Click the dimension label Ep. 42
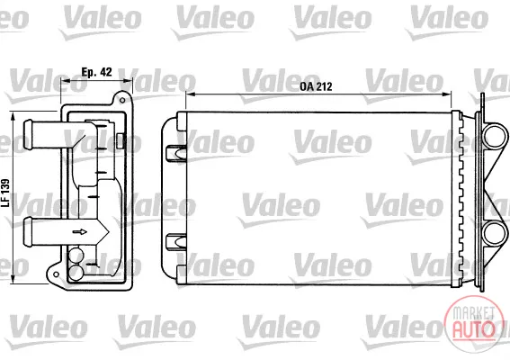click(x=96, y=72)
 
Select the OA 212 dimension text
click(x=316, y=86)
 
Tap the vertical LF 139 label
click(x=5, y=193)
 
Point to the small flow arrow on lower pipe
click(x=80, y=232)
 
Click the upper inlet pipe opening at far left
click(x=27, y=134)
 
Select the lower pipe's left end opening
click(x=28, y=231)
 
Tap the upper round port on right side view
click(x=495, y=136)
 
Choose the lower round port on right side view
click(x=495, y=234)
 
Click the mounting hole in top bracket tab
click(x=122, y=100)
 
